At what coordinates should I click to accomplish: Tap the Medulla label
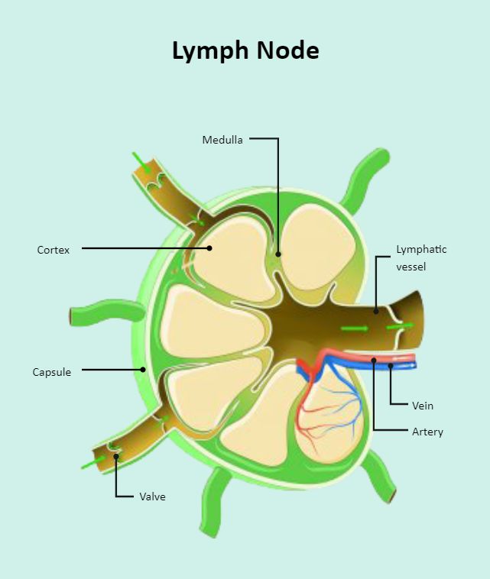coord(222,140)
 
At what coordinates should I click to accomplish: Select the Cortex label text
coord(53,250)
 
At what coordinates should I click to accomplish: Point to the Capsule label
coord(51,372)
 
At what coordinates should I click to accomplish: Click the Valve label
coord(152,497)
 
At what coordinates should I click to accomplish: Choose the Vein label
coord(423,406)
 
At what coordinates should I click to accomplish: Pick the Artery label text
coord(427,432)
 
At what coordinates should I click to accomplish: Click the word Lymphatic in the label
coord(421,250)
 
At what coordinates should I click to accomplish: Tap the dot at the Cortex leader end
coord(209,247)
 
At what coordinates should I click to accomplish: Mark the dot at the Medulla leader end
coord(278,254)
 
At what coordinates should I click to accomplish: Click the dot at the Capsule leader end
coord(143,370)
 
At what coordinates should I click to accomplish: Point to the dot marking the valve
coord(116,457)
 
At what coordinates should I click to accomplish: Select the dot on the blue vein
coord(391,366)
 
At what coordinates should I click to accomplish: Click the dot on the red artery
coord(374,359)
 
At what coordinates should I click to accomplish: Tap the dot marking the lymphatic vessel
coord(376,311)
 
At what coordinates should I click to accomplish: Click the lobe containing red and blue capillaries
coord(325,416)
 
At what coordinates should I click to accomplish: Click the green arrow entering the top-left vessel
coord(141,163)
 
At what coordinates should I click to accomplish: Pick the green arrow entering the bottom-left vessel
coord(92,461)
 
